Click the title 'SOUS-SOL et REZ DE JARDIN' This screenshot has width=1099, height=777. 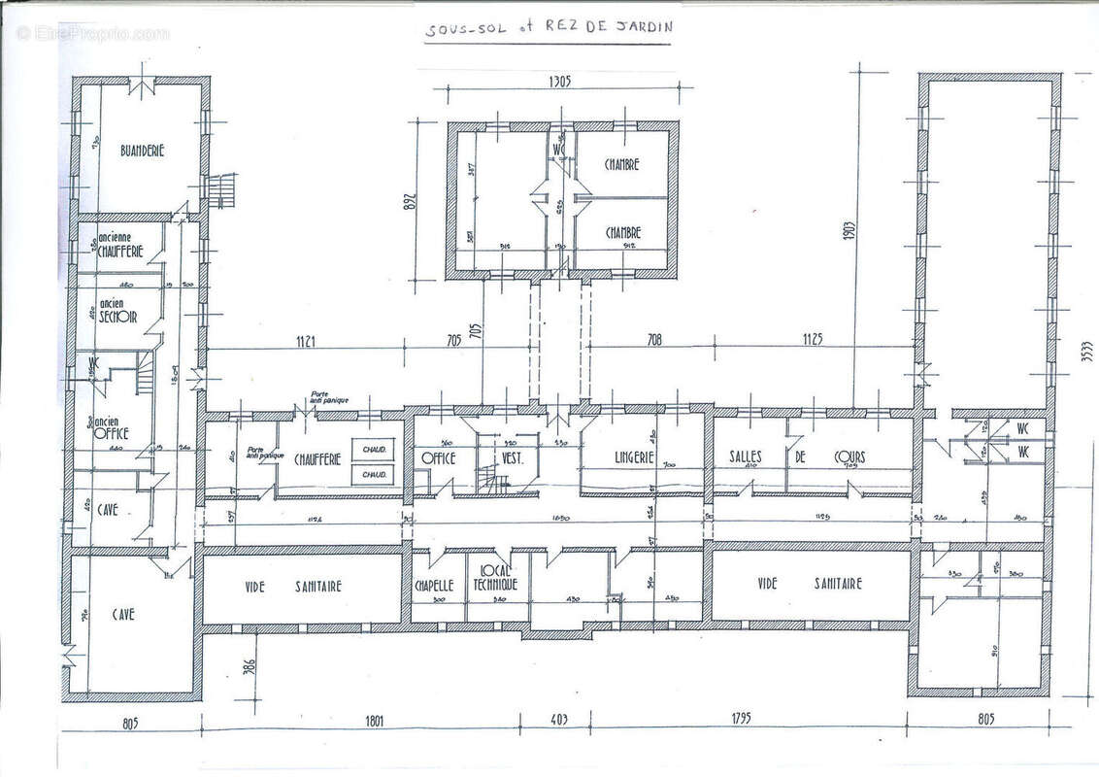(x=549, y=29)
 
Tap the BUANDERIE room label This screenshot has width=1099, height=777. (x=143, y=151)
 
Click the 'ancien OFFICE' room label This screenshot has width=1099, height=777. (x=110, y=428)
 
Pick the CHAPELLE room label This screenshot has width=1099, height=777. (x=435, y=586)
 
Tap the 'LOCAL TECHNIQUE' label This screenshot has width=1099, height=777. (x=495, y=580)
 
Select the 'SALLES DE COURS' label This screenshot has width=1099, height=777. (x=789, y=456)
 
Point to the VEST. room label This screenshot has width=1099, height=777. (x=512, y=456)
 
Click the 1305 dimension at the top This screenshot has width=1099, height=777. (x=560, y=81)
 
